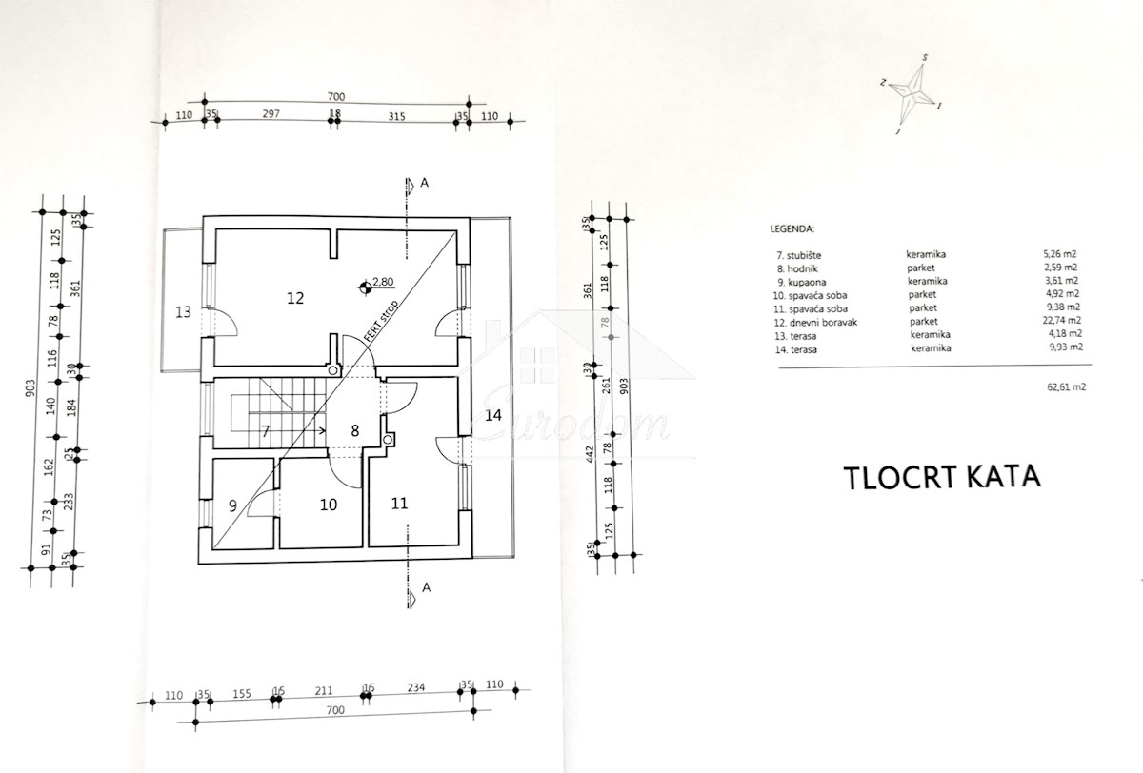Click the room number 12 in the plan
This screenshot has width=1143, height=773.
(294, 298)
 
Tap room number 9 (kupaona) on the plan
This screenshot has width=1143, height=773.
(232, 505)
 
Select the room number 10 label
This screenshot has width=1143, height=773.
(328, 505)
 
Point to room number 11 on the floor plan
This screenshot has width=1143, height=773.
(399, 503)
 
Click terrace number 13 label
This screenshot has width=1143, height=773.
(183, 310)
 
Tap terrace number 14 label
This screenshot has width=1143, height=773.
(491, 415)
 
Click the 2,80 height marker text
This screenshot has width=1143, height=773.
(383, 282)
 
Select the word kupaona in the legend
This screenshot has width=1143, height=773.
(798, 281)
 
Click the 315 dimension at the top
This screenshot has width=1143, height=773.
(397, 117)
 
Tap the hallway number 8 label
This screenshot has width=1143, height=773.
(354, 430)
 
